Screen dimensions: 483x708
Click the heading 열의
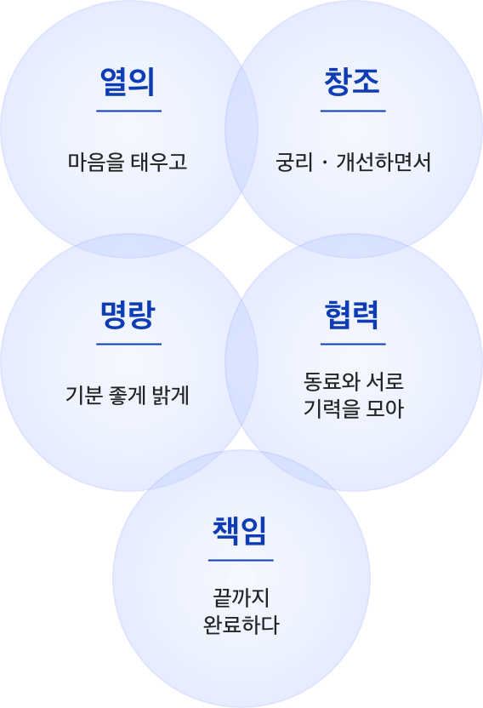pos(128,82)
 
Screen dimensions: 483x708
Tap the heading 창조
pos(352,82)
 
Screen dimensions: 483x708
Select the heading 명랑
pos(128,315)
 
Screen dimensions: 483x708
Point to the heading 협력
pos(352,315)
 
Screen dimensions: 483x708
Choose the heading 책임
pos(240,531)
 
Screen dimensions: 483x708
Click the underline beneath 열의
pos(128,111)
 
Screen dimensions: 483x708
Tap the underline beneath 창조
pos(353,111)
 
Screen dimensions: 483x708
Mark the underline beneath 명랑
pos(128,344)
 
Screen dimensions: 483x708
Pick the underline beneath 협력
pos(353,344)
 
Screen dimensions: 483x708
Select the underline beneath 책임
pos(241,560)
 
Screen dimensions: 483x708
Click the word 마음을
pos(96,162)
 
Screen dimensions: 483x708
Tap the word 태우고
pos(159,162)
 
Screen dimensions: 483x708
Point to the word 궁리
pos(294,162)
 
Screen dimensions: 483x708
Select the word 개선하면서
pos(384,162)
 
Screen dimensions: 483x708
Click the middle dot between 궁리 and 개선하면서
pos(325,163)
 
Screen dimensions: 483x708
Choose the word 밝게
pos(171,395)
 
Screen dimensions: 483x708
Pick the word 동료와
pos(331,381)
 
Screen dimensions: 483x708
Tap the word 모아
pos(384,408)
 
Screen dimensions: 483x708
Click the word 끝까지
pos(241,598)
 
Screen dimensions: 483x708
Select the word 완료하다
pos(241,625)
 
